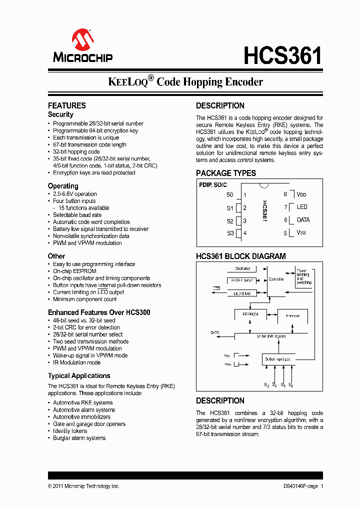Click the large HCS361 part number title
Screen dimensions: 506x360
point(282,56)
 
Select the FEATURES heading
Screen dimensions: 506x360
point(66,105)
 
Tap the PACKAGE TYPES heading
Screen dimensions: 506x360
point(225,173)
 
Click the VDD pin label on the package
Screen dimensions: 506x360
point(301,194)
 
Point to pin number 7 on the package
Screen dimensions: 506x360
point(285,207)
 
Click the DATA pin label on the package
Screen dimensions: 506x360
point(303,220)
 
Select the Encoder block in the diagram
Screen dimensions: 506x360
point(292,315)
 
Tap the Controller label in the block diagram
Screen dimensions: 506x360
point(276,279)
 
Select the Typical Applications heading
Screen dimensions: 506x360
point(79,375)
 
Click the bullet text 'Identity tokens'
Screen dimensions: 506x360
point(70,431)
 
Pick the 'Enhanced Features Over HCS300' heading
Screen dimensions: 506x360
point(99,312)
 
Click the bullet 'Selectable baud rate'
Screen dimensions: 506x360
point(78,215)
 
